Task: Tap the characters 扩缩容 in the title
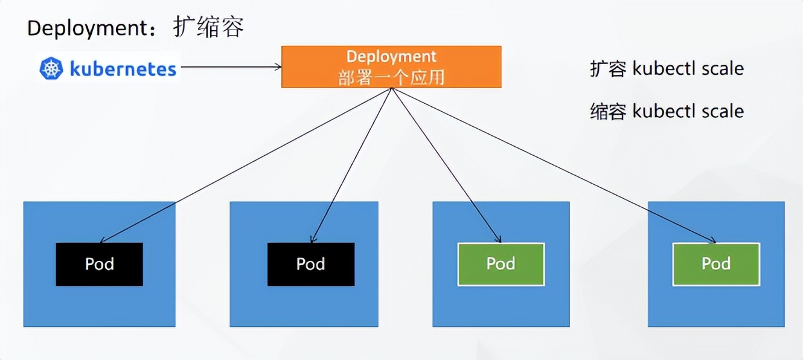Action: [x=208, y=27]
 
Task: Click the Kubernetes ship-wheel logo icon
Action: [x=51, y=68]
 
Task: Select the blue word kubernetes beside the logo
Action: [x=123, y=68]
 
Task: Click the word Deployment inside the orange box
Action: [x=391, y=56]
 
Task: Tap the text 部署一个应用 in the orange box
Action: [x=391, y=77]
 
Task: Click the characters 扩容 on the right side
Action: [x=608, y=69]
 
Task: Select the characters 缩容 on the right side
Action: [x=608, y=111]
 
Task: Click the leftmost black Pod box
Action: [x=100, y=264]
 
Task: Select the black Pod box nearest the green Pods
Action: [x=311, y=264]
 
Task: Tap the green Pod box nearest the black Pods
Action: [x=501, y=264]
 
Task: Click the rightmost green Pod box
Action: [x=716, y=264]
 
